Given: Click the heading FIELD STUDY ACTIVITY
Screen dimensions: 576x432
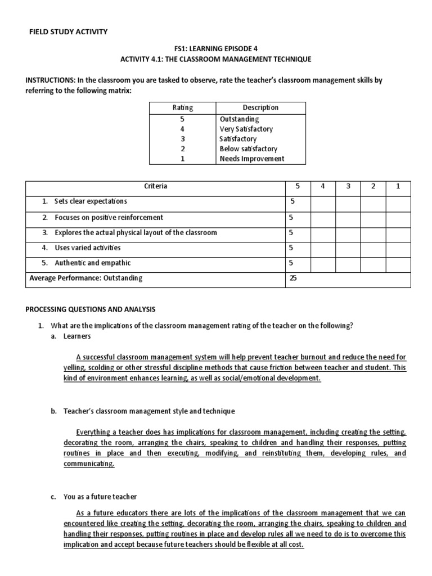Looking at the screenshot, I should pyautogui.click(x=68, y=31).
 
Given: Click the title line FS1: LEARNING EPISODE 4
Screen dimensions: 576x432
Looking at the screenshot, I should pyautogui.click(x=216, y=48).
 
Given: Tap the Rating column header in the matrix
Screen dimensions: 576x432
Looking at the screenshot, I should pyautogui.click(x=183, y=107).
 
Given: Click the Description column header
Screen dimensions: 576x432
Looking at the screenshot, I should pyautogui.click(x=260, y=107).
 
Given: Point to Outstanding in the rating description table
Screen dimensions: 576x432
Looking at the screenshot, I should pyautogui.click(x=239, y=119).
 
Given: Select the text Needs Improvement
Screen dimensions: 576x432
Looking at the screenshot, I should pyautogui.click(x=251, y=159).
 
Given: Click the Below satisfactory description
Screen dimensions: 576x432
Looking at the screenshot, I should pyautogui.click(x=248, y=148).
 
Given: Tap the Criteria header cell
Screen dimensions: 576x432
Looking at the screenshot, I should pyautogui.click(x=156, y=186).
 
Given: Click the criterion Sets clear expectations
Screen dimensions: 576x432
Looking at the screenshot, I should pyautogui.click(x=91, y=201).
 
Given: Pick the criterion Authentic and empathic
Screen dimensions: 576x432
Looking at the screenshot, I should pyautogui.click(x=92, y=263).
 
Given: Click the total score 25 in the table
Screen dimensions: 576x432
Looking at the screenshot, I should pyautogui.click(x=293, y=278).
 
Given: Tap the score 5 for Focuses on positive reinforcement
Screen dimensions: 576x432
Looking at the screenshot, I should pyautogui.click(x=291, y=217).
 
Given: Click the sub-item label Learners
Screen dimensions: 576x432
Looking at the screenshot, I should pyautogui.click(x=77, y=336).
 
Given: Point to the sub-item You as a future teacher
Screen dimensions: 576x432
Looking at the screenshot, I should pyautogui.click(x=100, y=497).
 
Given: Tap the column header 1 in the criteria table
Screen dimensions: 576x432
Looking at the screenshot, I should pyautogui.click(x=398, y=186).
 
